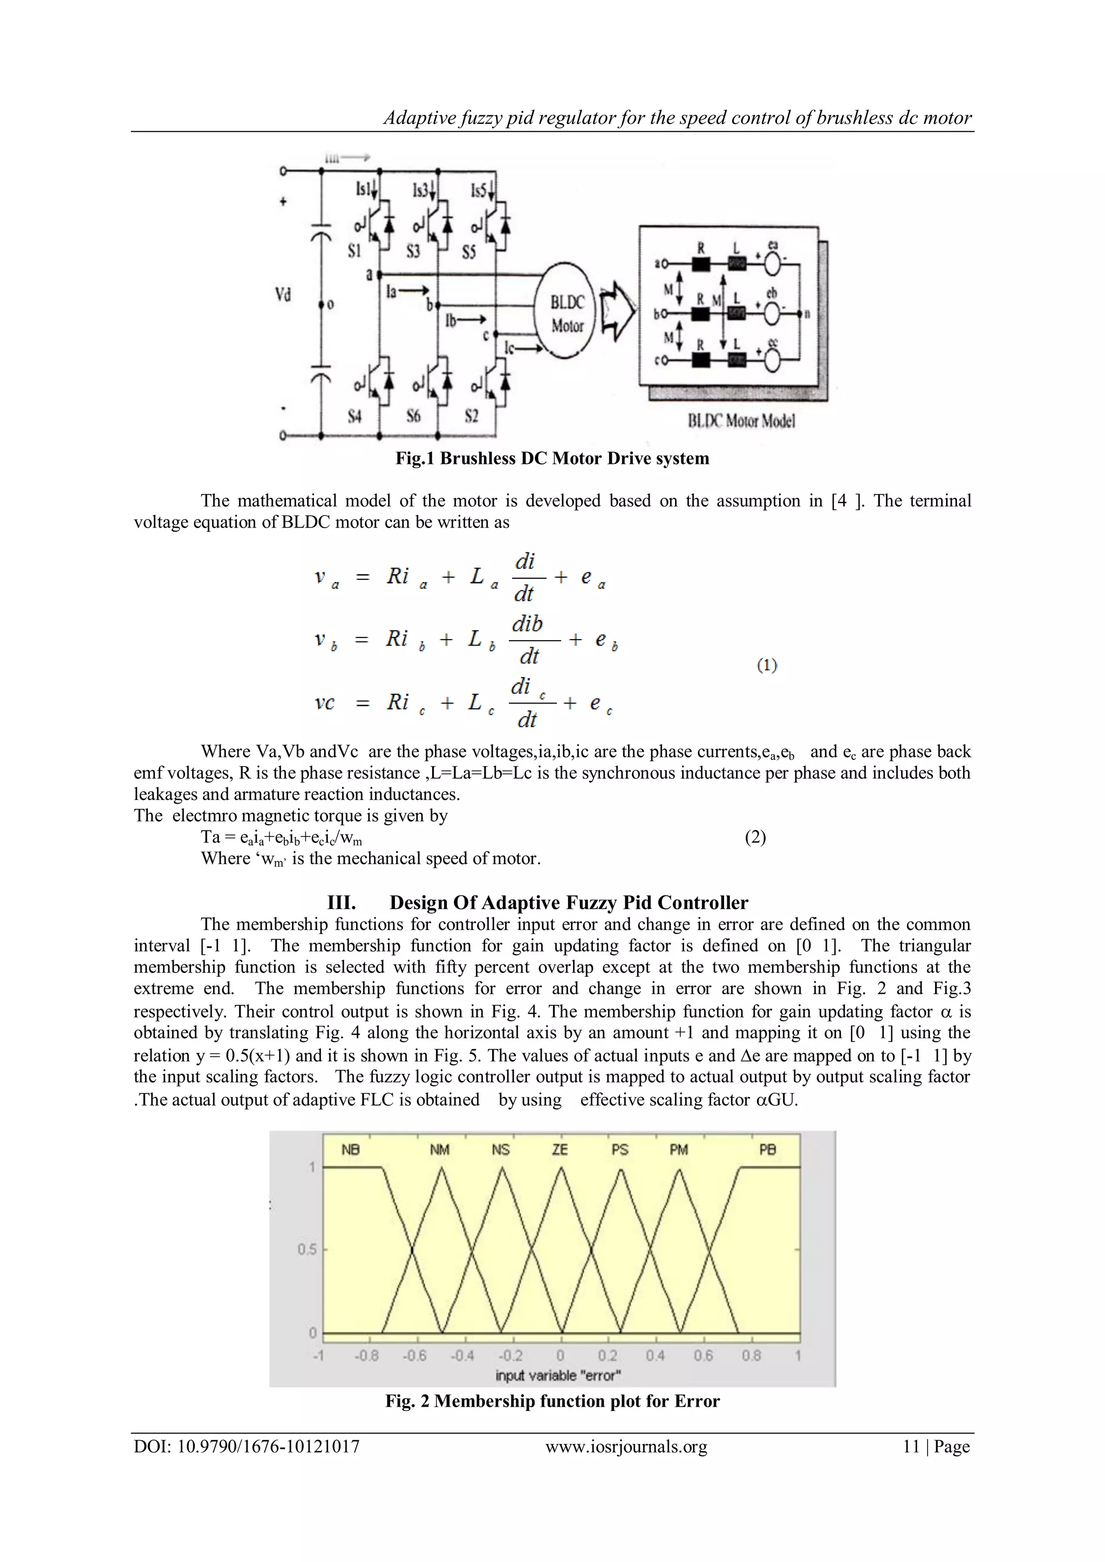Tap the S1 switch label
point(354,251)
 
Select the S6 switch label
point(413,416)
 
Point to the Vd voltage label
point(283,294)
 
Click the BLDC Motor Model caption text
point(740,421)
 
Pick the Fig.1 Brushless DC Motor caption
point(552,458)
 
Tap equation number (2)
point(755,837)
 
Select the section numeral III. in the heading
point(342,903)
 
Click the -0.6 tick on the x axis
point(414,1355)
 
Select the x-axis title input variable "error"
point(558,1375)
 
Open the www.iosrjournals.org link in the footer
point(626,1447)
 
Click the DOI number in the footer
point(247,1447)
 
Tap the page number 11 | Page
point(936,1447)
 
